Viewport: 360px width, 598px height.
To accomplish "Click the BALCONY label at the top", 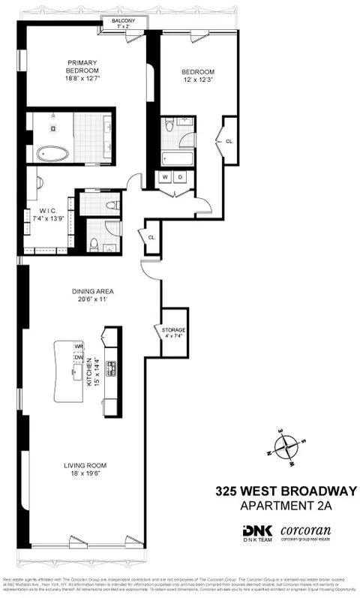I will (124, 22).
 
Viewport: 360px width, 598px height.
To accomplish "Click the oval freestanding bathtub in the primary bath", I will (53, 154).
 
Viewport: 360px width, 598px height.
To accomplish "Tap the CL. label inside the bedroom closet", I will (229, 140).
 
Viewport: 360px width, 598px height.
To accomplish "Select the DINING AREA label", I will (88, 291).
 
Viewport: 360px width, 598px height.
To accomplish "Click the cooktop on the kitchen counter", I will (111, 368).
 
